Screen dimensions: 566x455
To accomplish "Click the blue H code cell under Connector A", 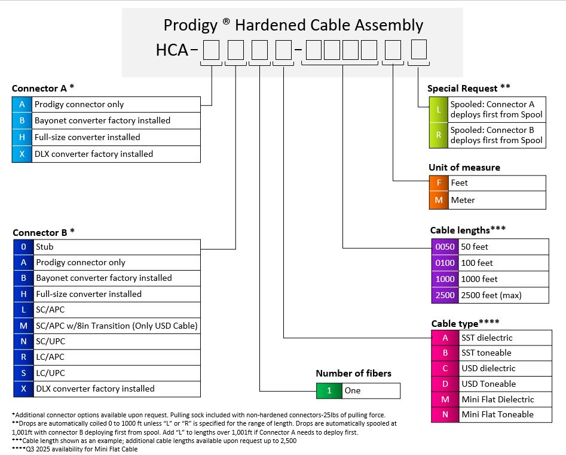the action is (22, 138).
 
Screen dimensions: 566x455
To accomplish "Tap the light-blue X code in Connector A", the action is (22, 154).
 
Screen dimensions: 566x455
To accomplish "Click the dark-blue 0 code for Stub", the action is (23, 247).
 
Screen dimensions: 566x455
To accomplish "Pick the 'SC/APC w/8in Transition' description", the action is (117, 326).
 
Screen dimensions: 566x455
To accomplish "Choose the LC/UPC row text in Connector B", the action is (51, 373).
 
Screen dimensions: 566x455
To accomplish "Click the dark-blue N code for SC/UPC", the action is (23, 341).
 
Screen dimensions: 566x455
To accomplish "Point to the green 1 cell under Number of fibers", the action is (329, 390).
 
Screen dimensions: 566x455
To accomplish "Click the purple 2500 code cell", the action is (445, 295).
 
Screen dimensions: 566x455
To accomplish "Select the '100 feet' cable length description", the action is (477, 263).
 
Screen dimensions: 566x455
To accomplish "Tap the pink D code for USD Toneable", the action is (445, 384).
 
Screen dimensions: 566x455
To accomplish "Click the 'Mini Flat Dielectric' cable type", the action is (498, 399).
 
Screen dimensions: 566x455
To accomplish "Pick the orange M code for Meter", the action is (439, 200).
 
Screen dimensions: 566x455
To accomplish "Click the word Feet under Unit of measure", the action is (459, 183).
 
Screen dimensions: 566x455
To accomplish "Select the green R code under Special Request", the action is (439, 135).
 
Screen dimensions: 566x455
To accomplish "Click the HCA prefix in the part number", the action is (172, 50).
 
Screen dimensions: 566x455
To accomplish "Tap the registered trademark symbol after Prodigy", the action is (226, 21).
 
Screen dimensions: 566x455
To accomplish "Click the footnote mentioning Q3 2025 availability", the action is (75, 449).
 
